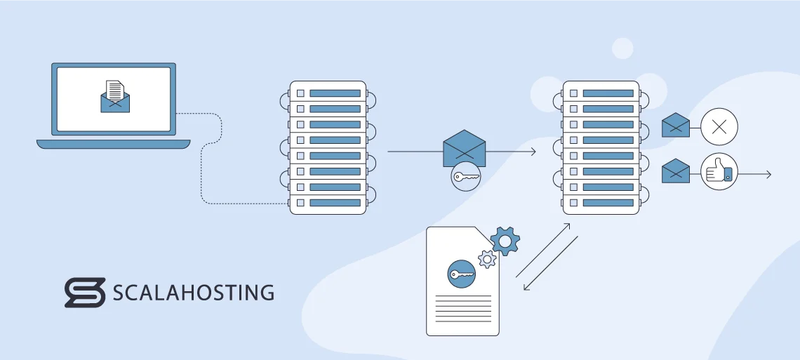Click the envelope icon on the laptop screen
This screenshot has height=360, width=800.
click(x=115, y=97)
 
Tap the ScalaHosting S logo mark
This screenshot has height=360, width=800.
click(x=84, y=293)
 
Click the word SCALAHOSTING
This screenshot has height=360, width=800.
click(x=194, y=293)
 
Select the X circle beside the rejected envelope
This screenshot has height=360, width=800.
click(x=719, y=127)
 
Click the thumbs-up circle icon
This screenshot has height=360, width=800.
click(x=719, y=172)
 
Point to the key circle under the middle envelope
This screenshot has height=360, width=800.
click(x=466, y=176)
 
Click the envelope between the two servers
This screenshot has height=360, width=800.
click(x=465, y=148)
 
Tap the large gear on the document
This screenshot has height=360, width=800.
click(x=505, y=241)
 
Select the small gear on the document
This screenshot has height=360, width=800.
click(x=487, y=259)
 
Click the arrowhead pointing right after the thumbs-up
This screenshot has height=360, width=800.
click(x=768, y=174)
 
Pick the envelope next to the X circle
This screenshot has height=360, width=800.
click(x=675, y=126)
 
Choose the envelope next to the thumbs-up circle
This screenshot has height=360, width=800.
click(x=675, y=171)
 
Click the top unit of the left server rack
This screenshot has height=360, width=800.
click(x=328, y=93)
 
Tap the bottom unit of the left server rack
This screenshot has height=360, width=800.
click(x=328, y=202)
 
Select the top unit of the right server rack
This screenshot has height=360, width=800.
click(x=601, y=93)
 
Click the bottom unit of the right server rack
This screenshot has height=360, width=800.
click(x=601, y=202)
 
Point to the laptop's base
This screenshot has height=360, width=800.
click(x=113, y=144)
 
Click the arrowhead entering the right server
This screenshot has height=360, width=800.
click(x=533, y=152)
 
